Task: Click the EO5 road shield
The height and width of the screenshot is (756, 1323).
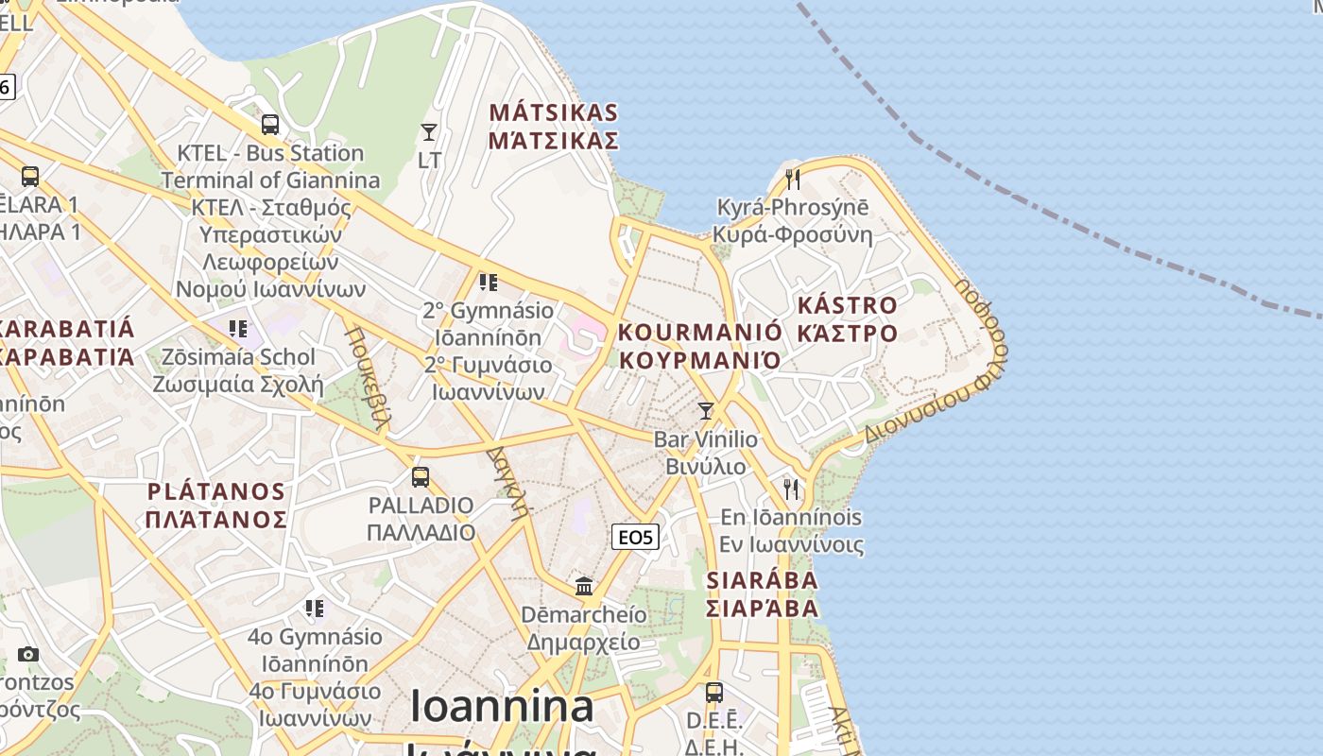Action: [635, 538]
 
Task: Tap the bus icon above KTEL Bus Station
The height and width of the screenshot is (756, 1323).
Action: [270, 124]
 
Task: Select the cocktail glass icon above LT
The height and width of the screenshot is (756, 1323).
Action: [429, 131]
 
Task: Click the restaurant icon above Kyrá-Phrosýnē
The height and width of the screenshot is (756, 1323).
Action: [793, 179]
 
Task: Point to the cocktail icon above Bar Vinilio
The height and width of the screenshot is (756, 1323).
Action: [705, 410]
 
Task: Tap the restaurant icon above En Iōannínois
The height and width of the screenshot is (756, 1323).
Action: [791, 489]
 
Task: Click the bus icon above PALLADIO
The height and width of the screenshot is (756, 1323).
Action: [421, 477]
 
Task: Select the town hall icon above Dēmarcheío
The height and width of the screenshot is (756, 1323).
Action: [584, 586]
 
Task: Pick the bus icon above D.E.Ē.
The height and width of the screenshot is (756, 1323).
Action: [714, 692]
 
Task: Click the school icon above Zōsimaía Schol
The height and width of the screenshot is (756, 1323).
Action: [238, 328]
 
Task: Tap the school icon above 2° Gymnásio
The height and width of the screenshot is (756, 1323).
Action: [488, 282]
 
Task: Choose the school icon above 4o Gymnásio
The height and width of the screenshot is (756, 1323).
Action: [315, 607]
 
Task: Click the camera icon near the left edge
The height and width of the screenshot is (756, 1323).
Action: [28, 654]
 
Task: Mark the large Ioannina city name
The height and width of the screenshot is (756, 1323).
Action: [502, 707]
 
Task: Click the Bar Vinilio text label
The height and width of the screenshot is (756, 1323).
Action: [706, 439]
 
